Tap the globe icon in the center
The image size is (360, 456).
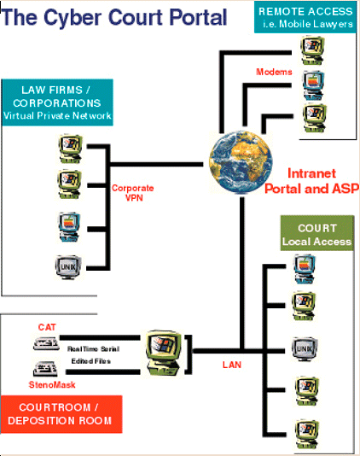236,161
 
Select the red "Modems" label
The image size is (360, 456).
274,72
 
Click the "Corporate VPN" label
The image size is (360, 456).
132,191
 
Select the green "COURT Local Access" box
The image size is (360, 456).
316,235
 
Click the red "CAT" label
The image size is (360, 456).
47,327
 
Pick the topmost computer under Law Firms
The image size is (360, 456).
67,147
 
